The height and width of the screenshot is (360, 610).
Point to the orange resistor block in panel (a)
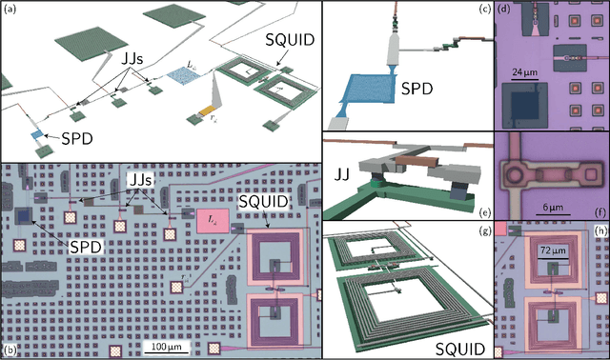[x=203, y=112]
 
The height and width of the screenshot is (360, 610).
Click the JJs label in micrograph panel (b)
[x=143, y=177]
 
